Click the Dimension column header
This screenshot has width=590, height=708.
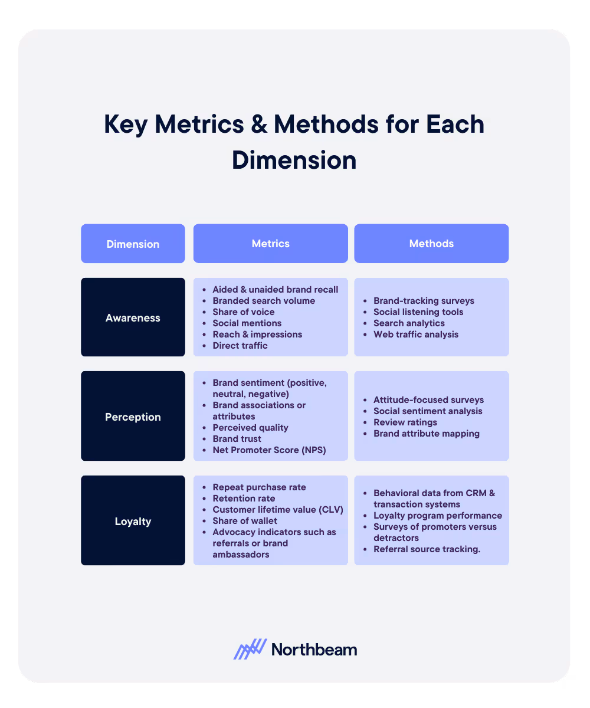(x=133, y=244)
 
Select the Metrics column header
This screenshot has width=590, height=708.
(x=270, y=243)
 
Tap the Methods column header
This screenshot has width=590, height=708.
(x=431, y=243)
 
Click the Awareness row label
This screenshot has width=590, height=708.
(x=133, y=317)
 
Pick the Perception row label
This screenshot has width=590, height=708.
(x=133, y=417)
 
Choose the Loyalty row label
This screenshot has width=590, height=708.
(x=133, y=521)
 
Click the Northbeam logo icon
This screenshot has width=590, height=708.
(x=250, y=649)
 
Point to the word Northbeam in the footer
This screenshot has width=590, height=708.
(x=314, y=650)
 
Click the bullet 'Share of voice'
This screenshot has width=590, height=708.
(x=243, y=312)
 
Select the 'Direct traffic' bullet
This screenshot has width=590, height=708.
(x=240, y=345)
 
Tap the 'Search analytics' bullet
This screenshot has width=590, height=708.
(x=409, y=323)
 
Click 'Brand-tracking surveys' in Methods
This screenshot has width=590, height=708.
(x=424, y=300)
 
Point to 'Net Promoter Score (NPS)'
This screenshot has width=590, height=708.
(x=268, y=450)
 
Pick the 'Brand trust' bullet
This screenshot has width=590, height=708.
(x=237, y=438)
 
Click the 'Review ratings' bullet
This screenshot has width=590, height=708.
(x=405, y=422)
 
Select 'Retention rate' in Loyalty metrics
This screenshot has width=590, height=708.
(x=244, y=498)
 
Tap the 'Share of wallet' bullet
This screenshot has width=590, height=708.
(x=244, y=520)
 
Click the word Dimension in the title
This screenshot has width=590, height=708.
(x=294, y=160)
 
